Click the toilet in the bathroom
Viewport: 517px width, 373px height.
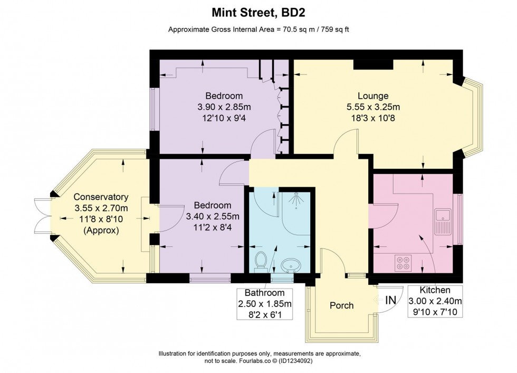coord(261,262)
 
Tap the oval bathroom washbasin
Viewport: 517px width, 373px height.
coord(290,265)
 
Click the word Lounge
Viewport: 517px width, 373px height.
coord(373,96)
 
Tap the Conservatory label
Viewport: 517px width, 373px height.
coord(101,197)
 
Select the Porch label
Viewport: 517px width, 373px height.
coord(342,305)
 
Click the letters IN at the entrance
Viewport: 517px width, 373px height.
coord(391,300)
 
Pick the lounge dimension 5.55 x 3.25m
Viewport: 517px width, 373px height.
coord(374,107)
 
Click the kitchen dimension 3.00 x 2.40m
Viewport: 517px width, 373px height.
coord(435,301)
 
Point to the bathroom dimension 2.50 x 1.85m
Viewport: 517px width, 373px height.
coord(265,303)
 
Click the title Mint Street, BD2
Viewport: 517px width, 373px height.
coord(258,13)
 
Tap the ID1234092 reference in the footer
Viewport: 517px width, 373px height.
coord(295,361)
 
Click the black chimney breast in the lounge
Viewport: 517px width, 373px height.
coord(374,64)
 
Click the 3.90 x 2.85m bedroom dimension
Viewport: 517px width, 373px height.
coord(224,107)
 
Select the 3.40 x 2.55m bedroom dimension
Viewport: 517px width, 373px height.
coord(213,216)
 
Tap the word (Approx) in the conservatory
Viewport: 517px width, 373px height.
coord(101,230)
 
